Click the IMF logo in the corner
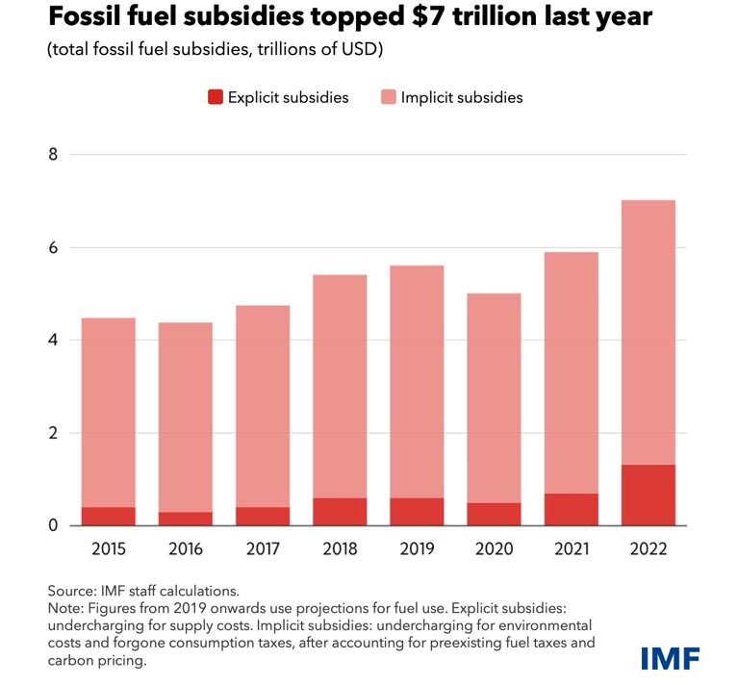(670, 658)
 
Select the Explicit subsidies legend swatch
(215, 97)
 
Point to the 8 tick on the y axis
(52, 154)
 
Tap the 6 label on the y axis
(52, 247)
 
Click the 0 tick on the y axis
(52, 526)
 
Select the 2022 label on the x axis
(648, 549)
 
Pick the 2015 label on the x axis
(108, 549)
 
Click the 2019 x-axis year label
(417, 549)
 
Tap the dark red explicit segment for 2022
(648, 495)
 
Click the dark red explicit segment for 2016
(185, 520)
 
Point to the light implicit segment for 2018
(340, 386)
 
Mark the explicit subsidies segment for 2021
(571, 510)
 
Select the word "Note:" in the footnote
(65, 608)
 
